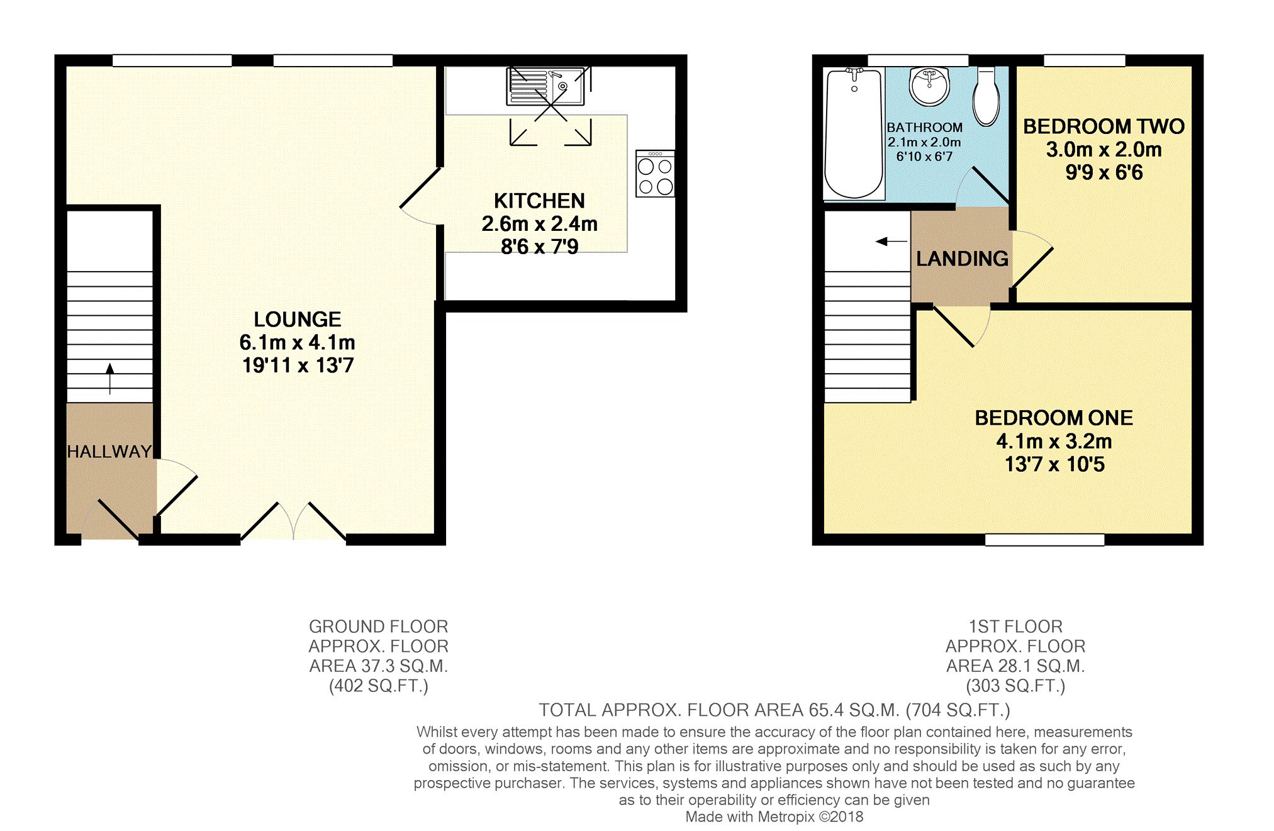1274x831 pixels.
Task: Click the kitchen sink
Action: tap(545, 86)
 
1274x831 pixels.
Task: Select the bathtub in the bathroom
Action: tap(854, 133)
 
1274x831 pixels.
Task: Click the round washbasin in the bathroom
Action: tap(929, 86)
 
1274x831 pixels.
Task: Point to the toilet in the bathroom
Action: tap(986, 97)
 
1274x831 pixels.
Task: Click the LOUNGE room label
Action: tap(298, 319)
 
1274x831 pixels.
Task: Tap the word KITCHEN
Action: tap(539, 201)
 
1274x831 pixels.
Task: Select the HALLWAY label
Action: tap(109, 451)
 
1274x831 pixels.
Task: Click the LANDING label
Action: tap(962, 259)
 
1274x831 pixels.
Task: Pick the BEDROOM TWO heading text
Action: tap(1104, 126)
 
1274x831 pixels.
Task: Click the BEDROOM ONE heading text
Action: tap(1054, 418)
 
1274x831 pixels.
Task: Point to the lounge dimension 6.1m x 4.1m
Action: tap(298, 342)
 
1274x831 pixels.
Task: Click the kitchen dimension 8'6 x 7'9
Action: tap(539, 247)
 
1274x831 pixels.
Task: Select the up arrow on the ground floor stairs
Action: tap(110, 378)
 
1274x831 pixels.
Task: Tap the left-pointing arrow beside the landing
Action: tap(891, 241)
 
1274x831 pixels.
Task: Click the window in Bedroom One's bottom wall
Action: tap(1044, 540)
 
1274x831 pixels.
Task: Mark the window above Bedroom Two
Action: tap(1085, 60)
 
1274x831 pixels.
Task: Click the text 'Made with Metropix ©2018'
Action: tap(774, 817)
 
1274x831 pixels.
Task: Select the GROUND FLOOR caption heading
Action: tap(379, 627)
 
